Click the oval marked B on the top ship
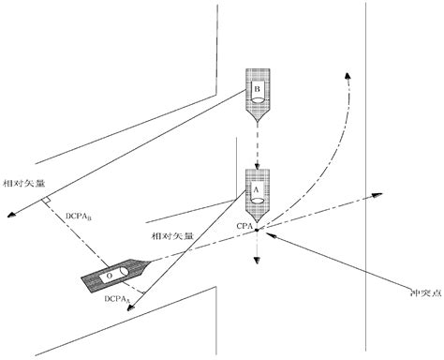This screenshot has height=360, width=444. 256,91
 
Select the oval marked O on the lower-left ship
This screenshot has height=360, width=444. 110,277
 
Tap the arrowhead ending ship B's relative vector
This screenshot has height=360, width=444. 12,217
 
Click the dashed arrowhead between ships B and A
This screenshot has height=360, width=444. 257,166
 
